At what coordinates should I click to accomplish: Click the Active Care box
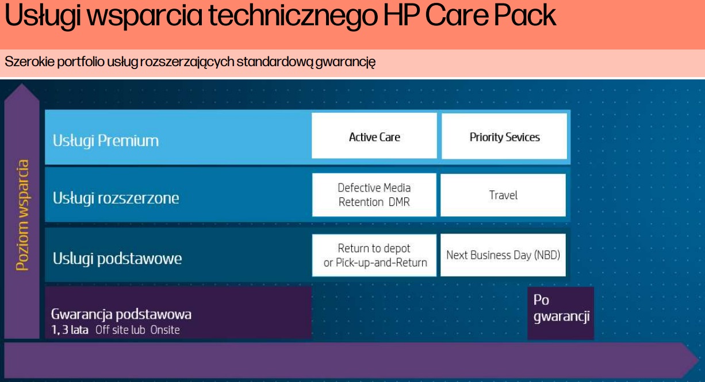(374, 136)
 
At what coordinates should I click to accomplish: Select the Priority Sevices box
(504, 136)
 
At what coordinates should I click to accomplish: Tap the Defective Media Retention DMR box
(374, 194)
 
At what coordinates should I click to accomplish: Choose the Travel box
(503, 195)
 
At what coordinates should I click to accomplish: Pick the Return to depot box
(374, 255)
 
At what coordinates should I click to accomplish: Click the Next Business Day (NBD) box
(503, 255)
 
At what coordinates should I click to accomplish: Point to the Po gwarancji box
(561, 313)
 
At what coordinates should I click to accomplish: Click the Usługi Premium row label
(105, 141)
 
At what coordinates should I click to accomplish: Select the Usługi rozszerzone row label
(116, 198)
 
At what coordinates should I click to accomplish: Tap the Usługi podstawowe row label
(117, 258)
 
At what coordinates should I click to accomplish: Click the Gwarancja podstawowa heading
(121, 314)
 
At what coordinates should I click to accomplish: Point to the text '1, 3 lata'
(70, 330)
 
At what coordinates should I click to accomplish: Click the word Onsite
(165, 330)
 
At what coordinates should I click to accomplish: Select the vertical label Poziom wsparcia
(22, 215)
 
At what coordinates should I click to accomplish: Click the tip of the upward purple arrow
(22, 84)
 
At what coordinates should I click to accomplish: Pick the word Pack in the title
(525, 15)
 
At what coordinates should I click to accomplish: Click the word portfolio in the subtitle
(81, 62)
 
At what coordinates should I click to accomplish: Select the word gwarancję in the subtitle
(346, 62)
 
